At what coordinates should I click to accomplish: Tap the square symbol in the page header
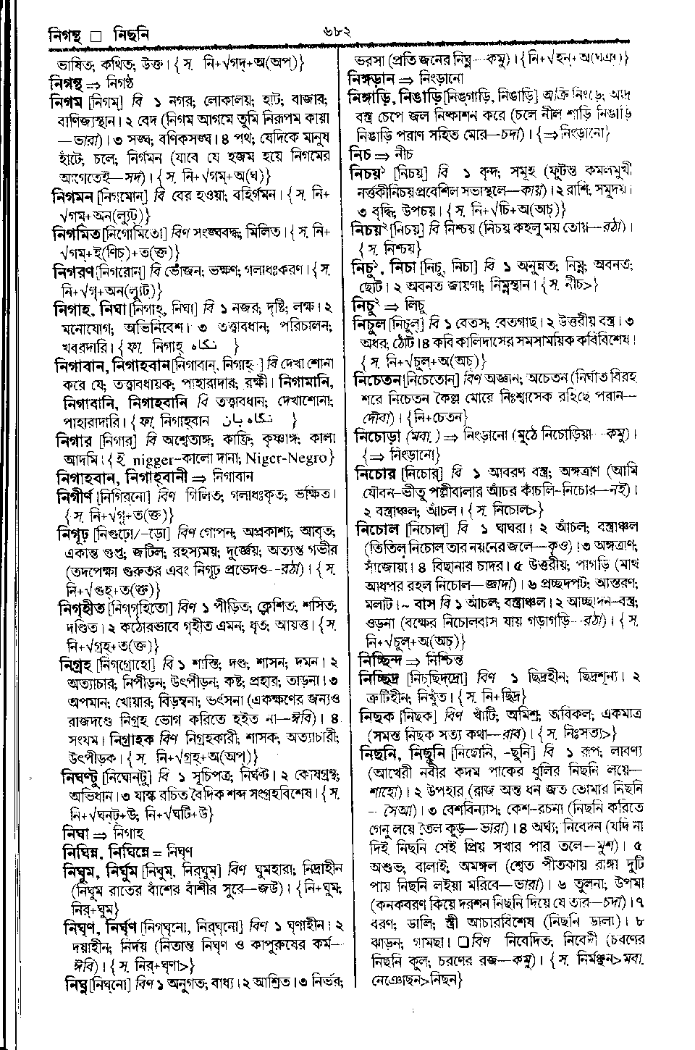coord(94,34)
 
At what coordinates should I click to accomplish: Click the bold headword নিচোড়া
coord(378,437)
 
